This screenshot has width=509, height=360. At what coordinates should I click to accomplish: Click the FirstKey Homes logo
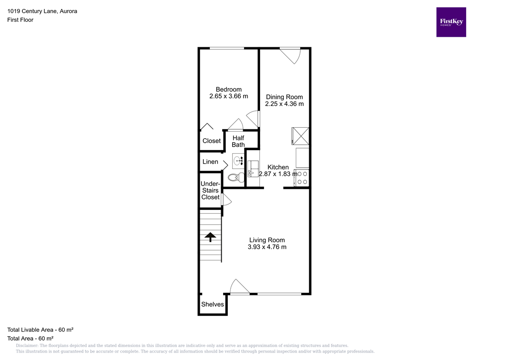point(451,22)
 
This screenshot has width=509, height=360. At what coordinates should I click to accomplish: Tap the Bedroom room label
point(229,90)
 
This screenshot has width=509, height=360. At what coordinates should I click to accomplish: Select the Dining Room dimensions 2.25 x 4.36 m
point(284,104)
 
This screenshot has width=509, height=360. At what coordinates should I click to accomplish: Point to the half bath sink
point(238,160)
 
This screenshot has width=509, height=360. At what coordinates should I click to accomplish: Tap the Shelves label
point(212,304)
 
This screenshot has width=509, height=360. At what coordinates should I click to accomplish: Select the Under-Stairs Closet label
point(210,190)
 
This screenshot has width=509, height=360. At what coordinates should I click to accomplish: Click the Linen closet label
point(210,162)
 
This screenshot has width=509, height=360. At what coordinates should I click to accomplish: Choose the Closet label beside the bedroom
point(211,141)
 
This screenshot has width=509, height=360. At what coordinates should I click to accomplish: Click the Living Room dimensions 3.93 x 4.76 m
point(267,247)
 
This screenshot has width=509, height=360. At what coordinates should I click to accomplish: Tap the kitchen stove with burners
point(302,178)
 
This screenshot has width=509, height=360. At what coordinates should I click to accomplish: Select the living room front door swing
point(239,287)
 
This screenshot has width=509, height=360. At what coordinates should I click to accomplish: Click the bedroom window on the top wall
point(226,48)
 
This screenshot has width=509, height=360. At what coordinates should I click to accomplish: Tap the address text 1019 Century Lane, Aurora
point(42,11)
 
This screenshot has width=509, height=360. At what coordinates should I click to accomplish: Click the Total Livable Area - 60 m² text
point(40,330)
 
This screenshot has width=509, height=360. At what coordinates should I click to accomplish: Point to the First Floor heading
point(20,20)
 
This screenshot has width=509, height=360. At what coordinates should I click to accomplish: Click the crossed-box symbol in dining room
point(300,135)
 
